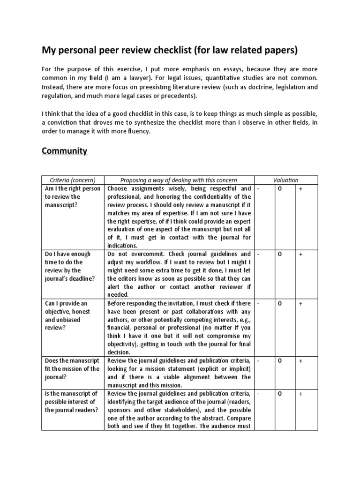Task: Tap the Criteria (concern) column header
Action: (72, 180)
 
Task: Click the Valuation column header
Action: (286, 180)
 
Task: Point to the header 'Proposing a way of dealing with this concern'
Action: (179, 180)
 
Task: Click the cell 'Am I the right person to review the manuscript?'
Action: (72, 196)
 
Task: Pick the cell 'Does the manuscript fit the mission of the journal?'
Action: (72, 368)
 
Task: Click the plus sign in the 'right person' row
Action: (300, 188)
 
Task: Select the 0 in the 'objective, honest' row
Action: (279, 303)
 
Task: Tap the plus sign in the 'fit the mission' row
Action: (300, 360)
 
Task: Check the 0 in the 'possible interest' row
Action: (279, 394)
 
